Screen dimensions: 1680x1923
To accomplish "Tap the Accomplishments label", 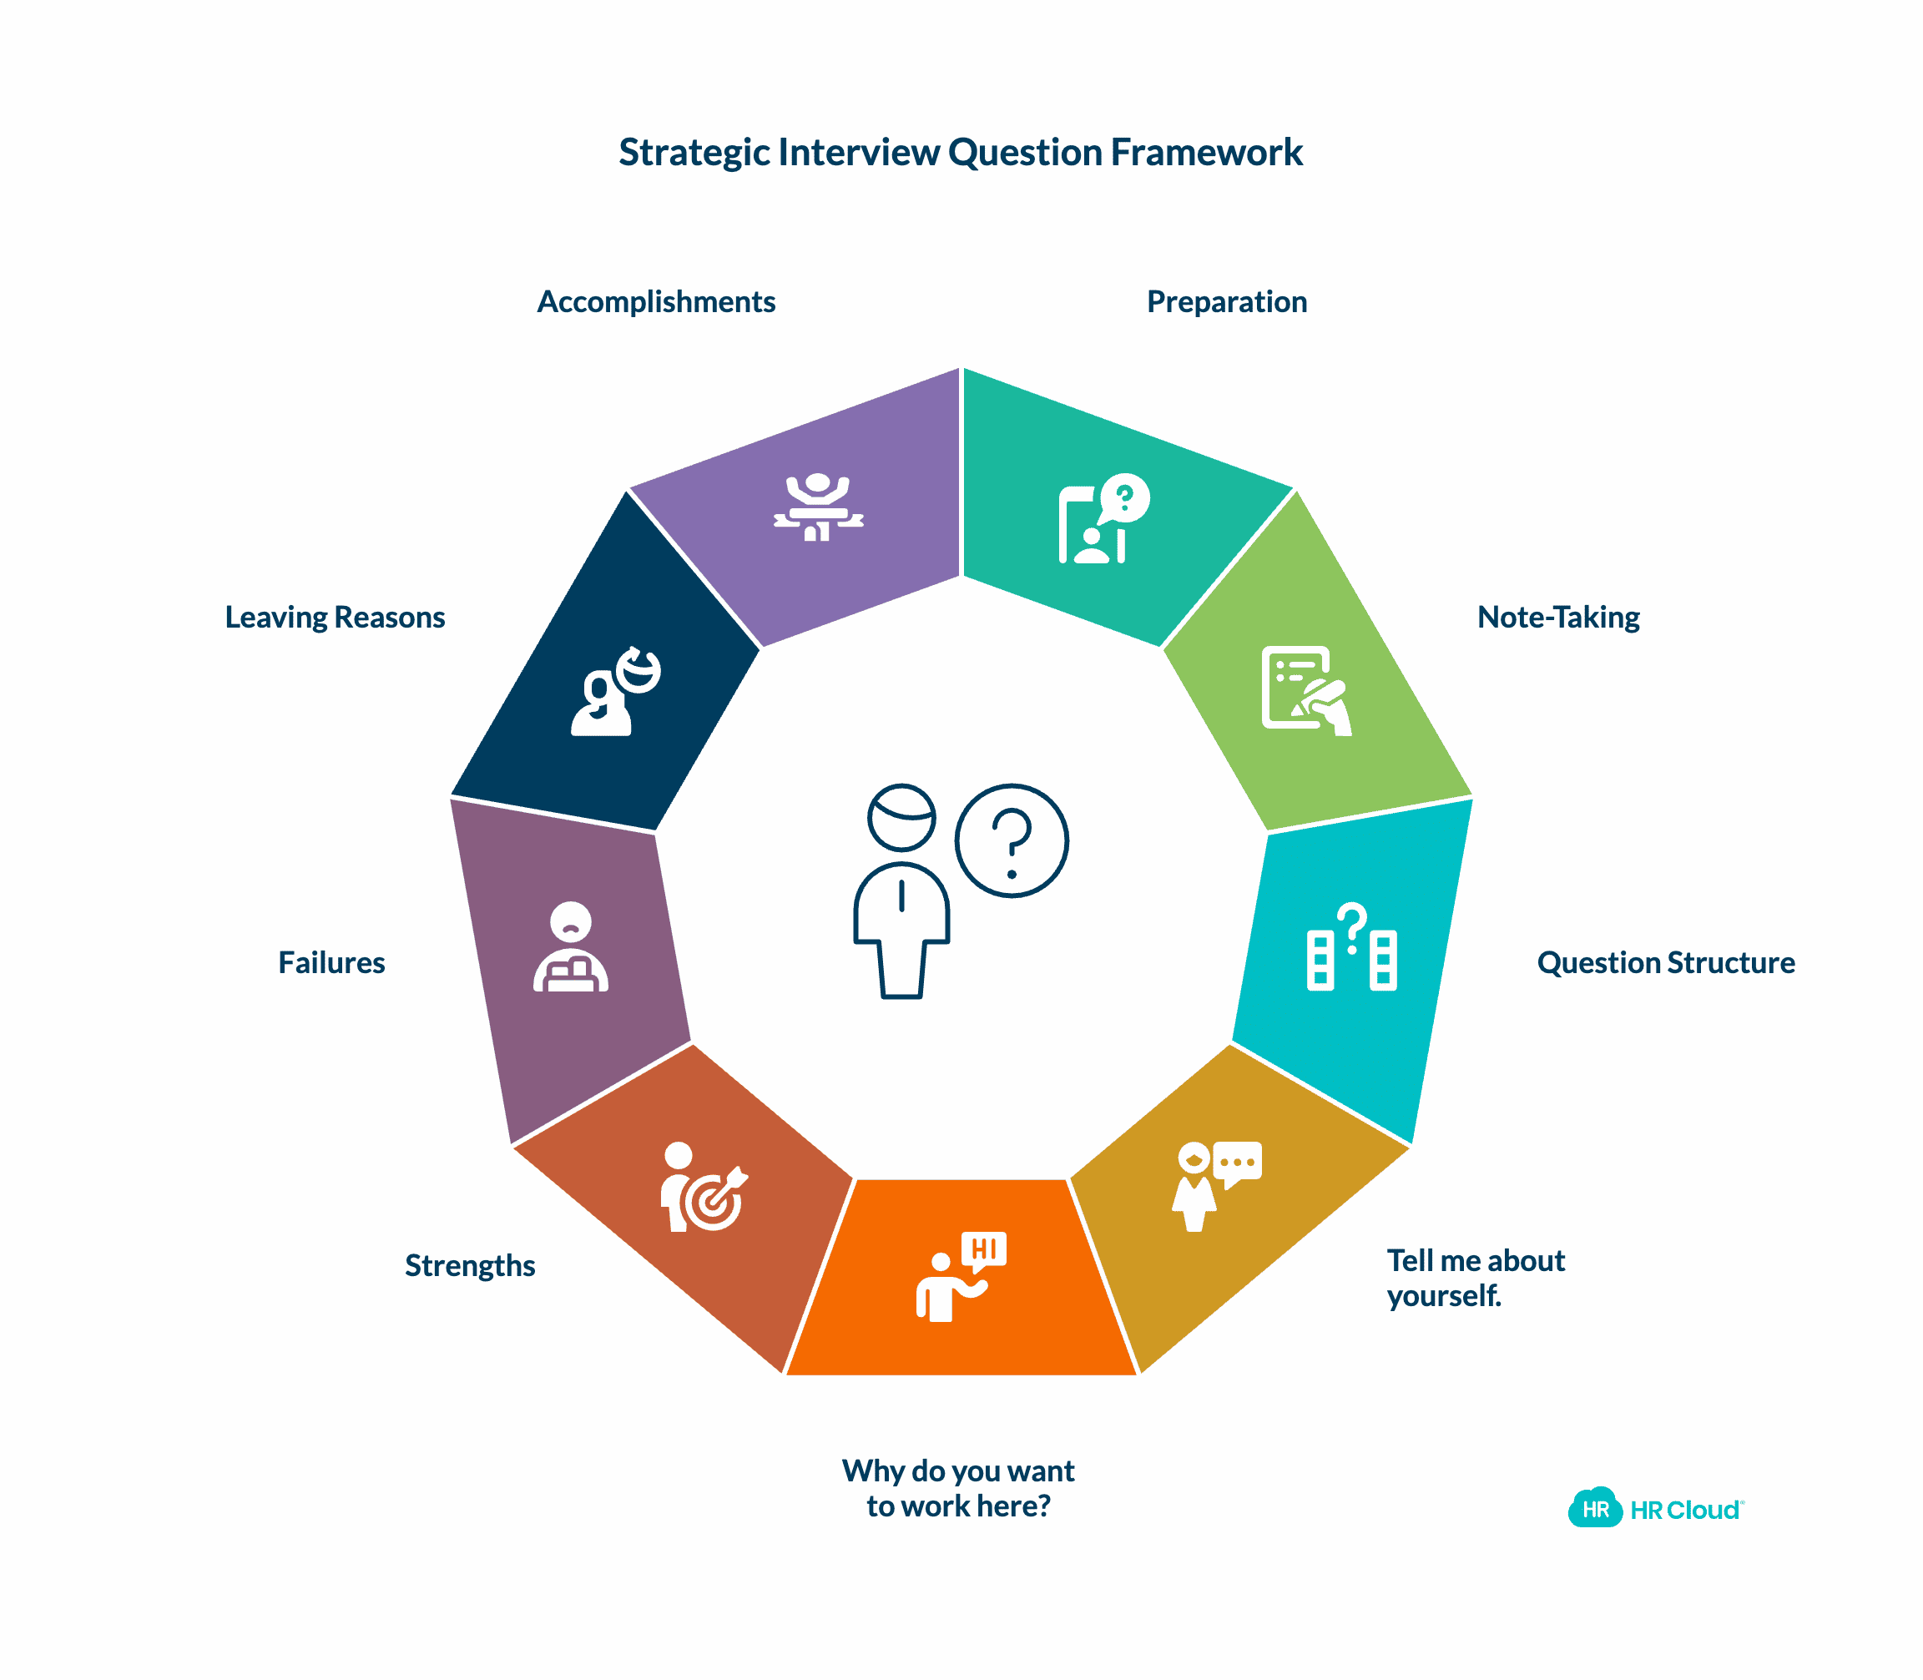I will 655,302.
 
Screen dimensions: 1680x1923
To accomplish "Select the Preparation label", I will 1226,302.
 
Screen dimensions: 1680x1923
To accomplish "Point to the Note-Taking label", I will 1557,617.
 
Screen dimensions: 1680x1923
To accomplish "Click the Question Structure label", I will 1665,963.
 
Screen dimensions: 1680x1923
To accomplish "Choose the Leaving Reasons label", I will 335,617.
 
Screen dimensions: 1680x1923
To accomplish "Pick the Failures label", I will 331,963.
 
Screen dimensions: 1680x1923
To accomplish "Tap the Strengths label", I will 470,1265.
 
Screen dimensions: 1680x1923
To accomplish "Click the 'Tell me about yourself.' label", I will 1474,1278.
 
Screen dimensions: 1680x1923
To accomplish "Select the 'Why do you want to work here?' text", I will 957,1488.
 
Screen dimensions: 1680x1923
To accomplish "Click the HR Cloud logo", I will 1655,1510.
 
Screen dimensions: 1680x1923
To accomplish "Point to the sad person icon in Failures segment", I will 570,947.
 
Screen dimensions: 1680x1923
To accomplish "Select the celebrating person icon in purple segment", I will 818,507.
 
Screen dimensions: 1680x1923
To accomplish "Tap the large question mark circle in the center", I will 1012,840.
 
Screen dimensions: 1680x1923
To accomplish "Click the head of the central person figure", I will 901,816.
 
